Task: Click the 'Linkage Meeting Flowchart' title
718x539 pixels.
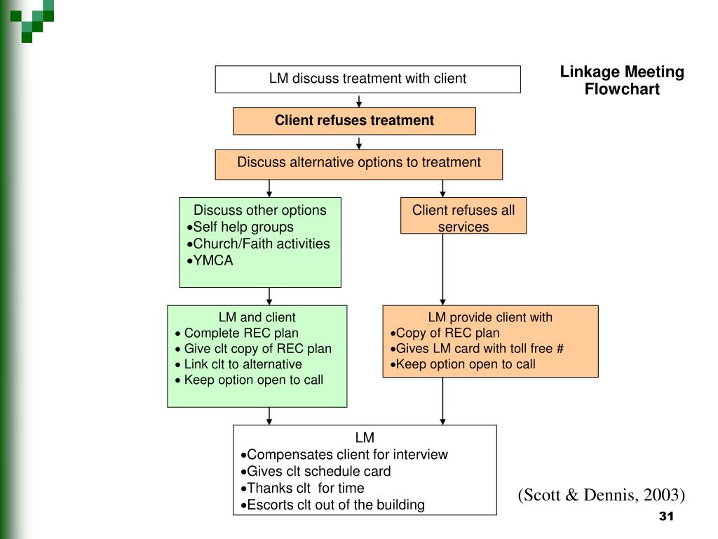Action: coord(622,80)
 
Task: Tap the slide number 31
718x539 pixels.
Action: coord(666,516)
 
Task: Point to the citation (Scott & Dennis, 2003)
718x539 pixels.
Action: coord(601,495)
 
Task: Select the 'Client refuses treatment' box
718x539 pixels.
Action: coord(354,121)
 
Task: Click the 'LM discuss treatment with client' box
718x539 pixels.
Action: coord(367,79)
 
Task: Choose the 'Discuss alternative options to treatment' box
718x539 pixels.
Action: coord(358,164)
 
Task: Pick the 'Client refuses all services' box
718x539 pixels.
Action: coord(463,215)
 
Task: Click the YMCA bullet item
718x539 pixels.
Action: coord(210,260)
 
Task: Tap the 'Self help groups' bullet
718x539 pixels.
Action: coord(240,227)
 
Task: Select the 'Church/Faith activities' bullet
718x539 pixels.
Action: coord(258,244)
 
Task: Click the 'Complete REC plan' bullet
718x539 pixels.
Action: coord(237,333)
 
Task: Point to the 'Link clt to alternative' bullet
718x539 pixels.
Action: coord(238,364)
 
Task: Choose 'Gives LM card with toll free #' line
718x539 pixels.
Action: coord(477,349)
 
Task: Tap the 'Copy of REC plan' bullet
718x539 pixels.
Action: coord(445,333)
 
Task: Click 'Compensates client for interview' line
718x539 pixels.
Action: coord(344,455)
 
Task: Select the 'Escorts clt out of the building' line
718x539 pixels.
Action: coord(333,505)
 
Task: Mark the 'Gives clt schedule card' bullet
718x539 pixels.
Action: coord(316,472)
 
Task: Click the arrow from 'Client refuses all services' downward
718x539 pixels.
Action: coord(442,269)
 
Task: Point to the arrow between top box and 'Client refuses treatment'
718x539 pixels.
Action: coord(359,101)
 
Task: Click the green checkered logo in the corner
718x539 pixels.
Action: coord(32,20)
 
